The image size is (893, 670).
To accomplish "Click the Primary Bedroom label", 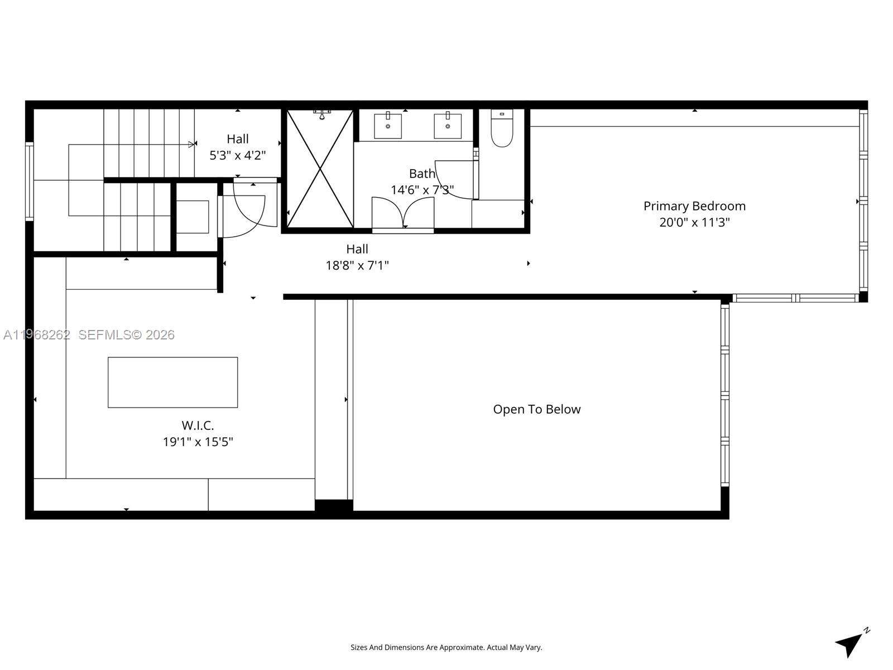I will [694, 206].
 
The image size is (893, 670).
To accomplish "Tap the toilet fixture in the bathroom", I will [502, 130].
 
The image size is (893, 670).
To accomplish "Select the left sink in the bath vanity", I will [388, 126].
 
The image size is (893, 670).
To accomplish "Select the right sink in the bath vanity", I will [448, 126].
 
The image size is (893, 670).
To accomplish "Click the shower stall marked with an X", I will [320, 169].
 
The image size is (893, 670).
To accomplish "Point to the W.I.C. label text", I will [198, 425].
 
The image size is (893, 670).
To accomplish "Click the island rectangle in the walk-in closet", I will [172, 382].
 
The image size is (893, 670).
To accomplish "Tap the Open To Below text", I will [536, 409].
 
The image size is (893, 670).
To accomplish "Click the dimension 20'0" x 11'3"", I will [694, 222].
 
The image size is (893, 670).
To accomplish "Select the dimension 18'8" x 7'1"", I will [357, 265].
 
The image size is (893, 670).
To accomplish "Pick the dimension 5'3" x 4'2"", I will [237, 155].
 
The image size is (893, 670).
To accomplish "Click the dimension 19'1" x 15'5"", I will [198, 442].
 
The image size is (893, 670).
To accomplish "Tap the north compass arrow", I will [850, 644].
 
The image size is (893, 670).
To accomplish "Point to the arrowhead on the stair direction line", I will [192, 145].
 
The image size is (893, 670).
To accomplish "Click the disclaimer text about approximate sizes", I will [446, 648].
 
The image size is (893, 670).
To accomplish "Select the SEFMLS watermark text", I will [126, 334].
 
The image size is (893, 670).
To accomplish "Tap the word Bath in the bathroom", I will [421, 174].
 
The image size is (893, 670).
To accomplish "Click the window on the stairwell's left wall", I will [29, 181].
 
